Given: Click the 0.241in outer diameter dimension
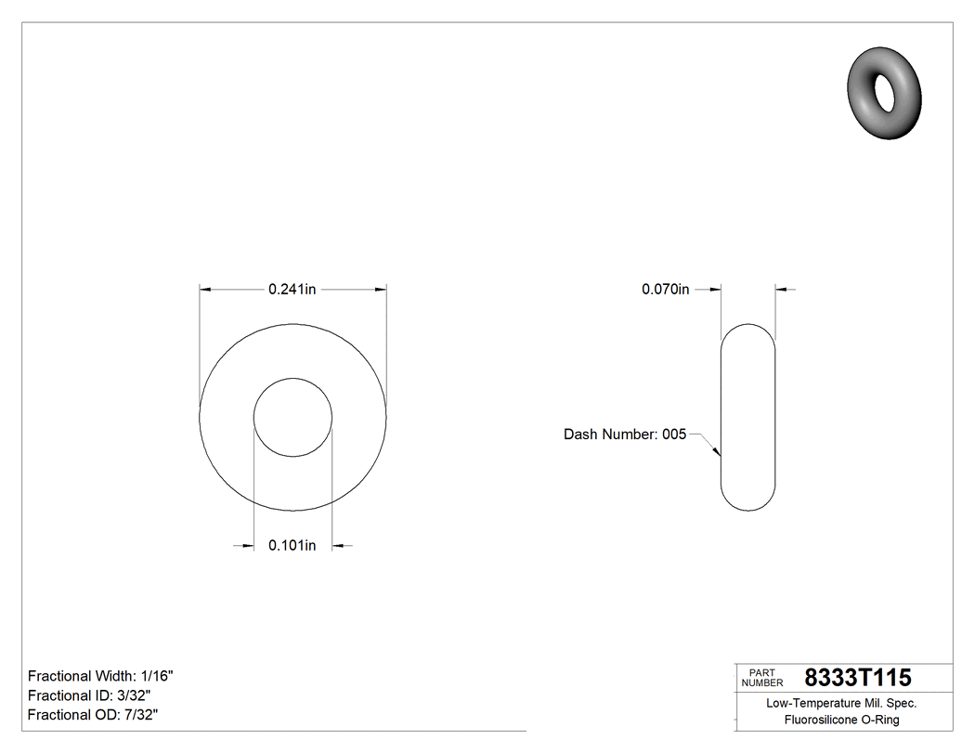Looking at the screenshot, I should click(x=292, y=290).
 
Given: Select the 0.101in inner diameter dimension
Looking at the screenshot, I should click(x=292, y=545).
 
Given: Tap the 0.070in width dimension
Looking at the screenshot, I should click(x=665, y=290).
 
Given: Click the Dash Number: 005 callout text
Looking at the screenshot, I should click(x=625, y=435).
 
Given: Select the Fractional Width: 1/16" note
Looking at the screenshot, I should click(x=100, y=676).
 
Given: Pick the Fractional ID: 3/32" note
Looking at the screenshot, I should click(x=89, y=695).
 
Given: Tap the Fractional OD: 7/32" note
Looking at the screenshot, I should click(x=93, y=715).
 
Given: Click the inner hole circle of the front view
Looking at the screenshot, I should click(x=293, y=417).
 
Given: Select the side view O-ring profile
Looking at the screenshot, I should click(x=748, y=417).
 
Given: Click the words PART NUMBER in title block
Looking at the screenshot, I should click(x=761, y=678).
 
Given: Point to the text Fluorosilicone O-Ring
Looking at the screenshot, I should click(x=841, y=720).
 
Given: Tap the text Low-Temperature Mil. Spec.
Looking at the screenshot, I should click(x=841, y=703).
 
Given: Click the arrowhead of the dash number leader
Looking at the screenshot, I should click(x=717, y=452).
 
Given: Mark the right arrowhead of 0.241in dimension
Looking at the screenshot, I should click(x=381, y=290).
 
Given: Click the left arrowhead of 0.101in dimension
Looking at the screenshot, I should click(x=249, y=546).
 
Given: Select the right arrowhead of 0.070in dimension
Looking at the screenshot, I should click(x=781, y=290).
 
